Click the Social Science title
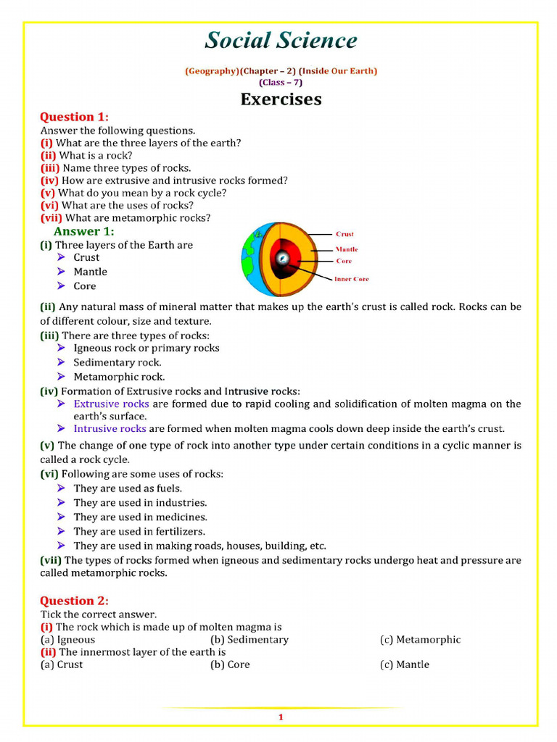click(x=281, y=41)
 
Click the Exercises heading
click(x=281, y=99)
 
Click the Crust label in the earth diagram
click(x=344, y=234)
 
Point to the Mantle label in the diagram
click(x=346, y=249)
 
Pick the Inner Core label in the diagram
click(x=351, y=279)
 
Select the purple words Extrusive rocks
click(x=111, y=404)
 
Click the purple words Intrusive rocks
click(x=110, y=428)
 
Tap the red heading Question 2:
click(x=74, y=601)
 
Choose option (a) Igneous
click(x=67, y=640)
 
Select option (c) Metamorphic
click(x=420, y=640)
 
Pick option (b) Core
click(x=230, y=664)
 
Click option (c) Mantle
click(x=405, y=664)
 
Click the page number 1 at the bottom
click(x=280, y=717)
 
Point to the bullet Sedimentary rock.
click(x=117, y=362)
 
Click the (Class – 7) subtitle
click(x=281, y=82)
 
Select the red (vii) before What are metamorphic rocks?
click(x=51, y=217)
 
